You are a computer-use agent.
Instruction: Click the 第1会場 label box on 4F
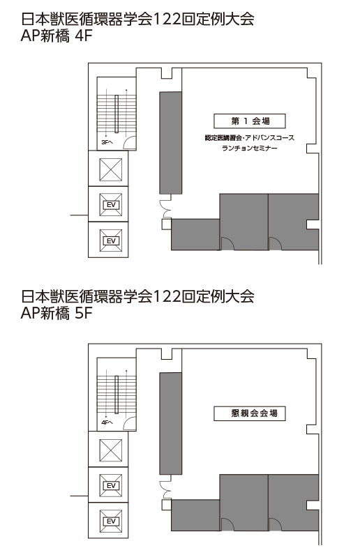click(x=250, y=121)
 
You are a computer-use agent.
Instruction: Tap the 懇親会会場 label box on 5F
click(x=250, y=413)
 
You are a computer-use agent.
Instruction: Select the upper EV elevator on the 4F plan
click(x=111, y=205)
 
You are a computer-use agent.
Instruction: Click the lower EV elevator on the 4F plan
click(x=111, y=241)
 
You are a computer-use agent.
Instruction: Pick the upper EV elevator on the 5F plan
click(x=111, y=485)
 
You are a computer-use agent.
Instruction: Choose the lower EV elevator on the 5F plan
click(x=111, y=521)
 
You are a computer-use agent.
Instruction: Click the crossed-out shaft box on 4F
click(x=111, y=169)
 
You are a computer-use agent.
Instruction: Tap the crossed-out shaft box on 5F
click(x=111, y=450)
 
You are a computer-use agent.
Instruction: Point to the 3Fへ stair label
click(x=107, y=142)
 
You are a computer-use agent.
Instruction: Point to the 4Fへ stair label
click(x=107, y=422)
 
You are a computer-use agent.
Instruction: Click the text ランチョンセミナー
click(x=250, y=148)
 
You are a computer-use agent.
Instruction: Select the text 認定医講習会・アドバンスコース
click(x=250, y=138)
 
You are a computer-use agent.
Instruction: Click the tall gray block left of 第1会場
click(x=171, y=143)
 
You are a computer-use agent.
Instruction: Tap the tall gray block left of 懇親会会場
click(x=171, y=423)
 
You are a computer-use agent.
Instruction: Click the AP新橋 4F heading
click(x=57, y=36)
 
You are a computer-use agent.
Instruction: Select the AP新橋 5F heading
click(x=57, y=313)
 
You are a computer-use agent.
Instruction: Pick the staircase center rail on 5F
click(x=117, y=395)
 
